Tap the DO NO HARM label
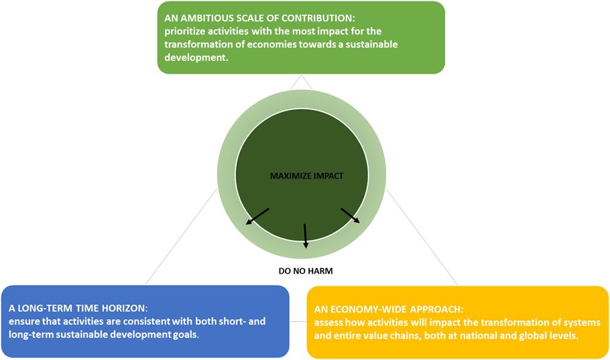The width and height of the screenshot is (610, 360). pos(305,271)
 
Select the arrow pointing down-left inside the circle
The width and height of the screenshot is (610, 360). pos(257,216)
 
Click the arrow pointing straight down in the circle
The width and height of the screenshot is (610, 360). pos(305,234)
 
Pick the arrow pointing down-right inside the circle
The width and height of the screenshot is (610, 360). pos(350,215)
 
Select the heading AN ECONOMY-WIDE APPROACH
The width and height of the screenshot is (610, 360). pos(389,310)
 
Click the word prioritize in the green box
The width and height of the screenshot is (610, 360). pos(187,31)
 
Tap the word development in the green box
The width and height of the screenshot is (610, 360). pos(195,58)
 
